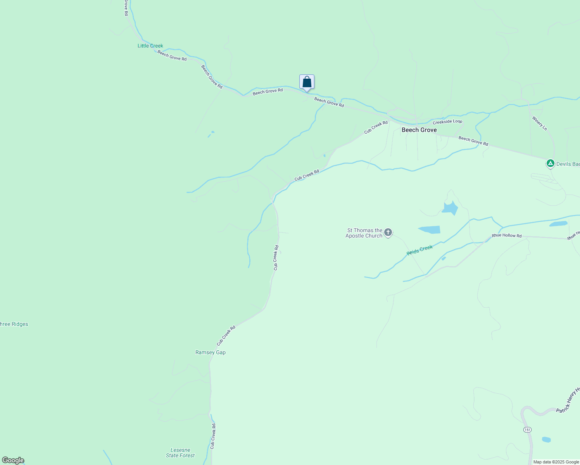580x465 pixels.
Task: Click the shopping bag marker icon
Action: coord(307,82)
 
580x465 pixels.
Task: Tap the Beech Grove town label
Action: coord(419,130)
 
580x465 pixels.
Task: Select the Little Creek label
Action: coord(150,46)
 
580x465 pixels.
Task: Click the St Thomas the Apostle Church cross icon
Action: coord(388,232)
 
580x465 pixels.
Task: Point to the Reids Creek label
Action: coord(419,250)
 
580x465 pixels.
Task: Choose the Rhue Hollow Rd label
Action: coord(506,236)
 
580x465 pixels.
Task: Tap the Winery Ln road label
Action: coord(539,124)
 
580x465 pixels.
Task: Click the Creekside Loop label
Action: coord(447,122)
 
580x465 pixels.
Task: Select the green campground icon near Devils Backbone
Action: coord(550,164)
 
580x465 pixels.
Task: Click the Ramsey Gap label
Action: coord(211,352)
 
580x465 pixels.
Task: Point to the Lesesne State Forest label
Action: coord(180,453)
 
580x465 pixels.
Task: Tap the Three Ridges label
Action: coord(14,324)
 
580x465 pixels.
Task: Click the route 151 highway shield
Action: coord(527,430)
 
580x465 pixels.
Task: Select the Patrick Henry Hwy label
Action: coord(568,399)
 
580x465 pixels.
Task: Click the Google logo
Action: coord(13,460)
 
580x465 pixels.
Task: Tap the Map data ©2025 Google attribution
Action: coord(556,462)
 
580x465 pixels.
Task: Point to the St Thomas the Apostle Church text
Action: coord(364,233)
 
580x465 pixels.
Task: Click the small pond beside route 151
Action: coord(546,439)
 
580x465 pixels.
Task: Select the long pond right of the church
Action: coord(430,229)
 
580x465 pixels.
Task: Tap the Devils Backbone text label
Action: coord(568,164)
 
